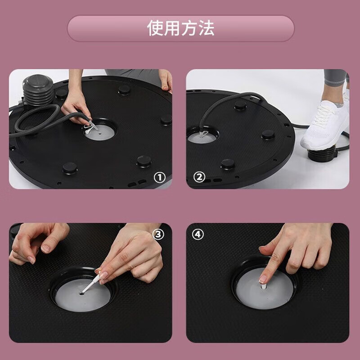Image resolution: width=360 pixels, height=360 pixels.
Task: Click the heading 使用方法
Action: (x=180, y=28)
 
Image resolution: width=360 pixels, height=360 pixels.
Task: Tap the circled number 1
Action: (x=159, y=177)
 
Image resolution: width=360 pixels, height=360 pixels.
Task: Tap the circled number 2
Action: (x=199, y=177)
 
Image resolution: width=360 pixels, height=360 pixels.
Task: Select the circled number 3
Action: (x=159, y=234)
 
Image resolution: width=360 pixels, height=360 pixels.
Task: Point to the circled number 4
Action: (x=198, y=234)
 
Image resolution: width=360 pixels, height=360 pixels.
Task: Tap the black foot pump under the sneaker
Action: (x=321, y=153)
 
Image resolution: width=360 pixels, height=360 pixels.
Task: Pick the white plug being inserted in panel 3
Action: (x=91, y=283)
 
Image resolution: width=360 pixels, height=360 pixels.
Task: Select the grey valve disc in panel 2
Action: (x=201, y=138)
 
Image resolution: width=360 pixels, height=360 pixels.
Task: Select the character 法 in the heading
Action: (x=207, y=28)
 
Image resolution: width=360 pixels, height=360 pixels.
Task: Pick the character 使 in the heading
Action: (x=155, y=28)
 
